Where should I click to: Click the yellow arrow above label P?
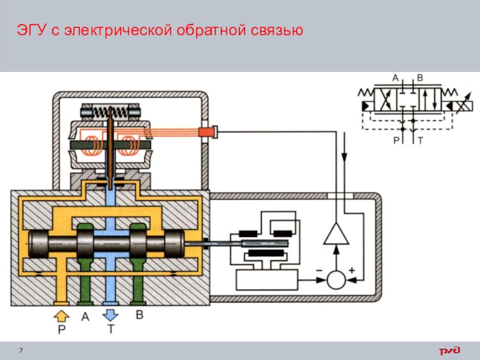[x=61, y=315]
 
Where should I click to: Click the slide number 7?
[x=22, y=350]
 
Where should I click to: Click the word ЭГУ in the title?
[x=31, y=29]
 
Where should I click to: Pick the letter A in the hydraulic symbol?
[x=395, y=78]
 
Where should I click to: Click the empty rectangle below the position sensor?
[x=267, y=279]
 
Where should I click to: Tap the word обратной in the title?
[x=208, y=29]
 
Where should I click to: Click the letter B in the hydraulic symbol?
[x=420, y=78]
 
